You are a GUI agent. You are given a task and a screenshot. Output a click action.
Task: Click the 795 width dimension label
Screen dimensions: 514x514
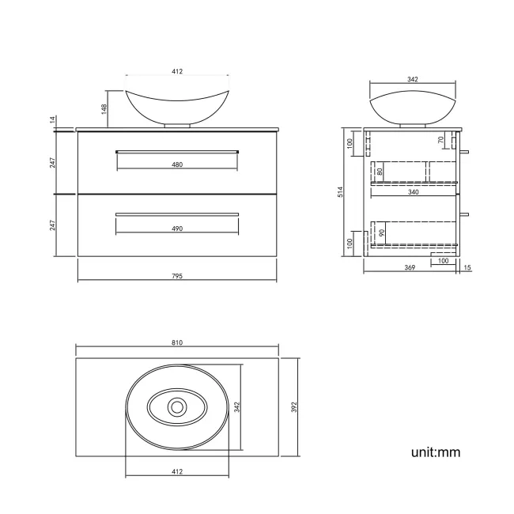[x=177, y=276]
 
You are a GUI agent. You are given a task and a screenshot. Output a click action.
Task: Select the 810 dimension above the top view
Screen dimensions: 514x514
[x=177, y=342]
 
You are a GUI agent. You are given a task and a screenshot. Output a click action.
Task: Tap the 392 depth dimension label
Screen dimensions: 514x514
[x=293, y=407]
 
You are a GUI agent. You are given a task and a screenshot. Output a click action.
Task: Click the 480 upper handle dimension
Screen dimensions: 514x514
[x=177, y=165]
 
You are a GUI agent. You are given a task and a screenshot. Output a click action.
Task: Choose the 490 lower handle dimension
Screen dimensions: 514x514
[x=177, y=229]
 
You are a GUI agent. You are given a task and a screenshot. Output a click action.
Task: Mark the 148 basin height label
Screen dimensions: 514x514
[x=104, y=107]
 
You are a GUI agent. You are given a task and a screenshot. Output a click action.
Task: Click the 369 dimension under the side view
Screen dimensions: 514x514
[x=410, y=269]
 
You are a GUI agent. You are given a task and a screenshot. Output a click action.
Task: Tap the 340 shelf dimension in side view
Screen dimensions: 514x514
[x=414, y=191]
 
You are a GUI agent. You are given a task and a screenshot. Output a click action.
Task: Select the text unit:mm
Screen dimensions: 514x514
[x=435, y=452]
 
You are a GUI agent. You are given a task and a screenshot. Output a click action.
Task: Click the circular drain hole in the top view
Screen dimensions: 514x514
[x=177, y=407]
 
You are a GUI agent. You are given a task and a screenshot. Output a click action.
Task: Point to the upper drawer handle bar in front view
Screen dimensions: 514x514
[x=177, y=150]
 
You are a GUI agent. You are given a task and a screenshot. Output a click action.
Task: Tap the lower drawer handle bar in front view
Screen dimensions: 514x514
[x=177, y=214]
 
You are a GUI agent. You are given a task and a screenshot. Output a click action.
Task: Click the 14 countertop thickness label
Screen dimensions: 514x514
[x=52, y=120]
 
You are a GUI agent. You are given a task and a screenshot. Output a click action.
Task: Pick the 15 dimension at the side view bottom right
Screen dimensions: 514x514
[x=467, y=269]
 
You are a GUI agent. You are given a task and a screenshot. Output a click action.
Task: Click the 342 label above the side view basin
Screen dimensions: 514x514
[x=412, y=79]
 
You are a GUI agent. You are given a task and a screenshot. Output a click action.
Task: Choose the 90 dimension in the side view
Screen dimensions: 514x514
[x=383, y=234]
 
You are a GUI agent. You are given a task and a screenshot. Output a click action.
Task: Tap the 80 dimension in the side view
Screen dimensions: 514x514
[x=380, y=172]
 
